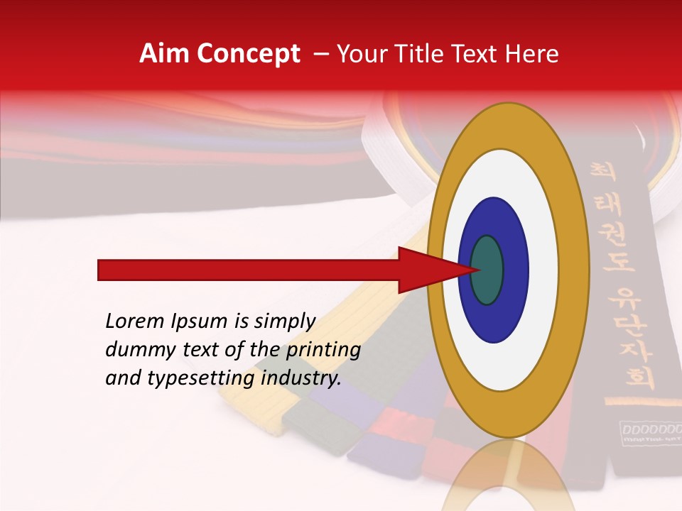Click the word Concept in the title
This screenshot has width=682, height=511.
pos(248,54)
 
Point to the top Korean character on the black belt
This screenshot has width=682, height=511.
pos(602,172)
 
